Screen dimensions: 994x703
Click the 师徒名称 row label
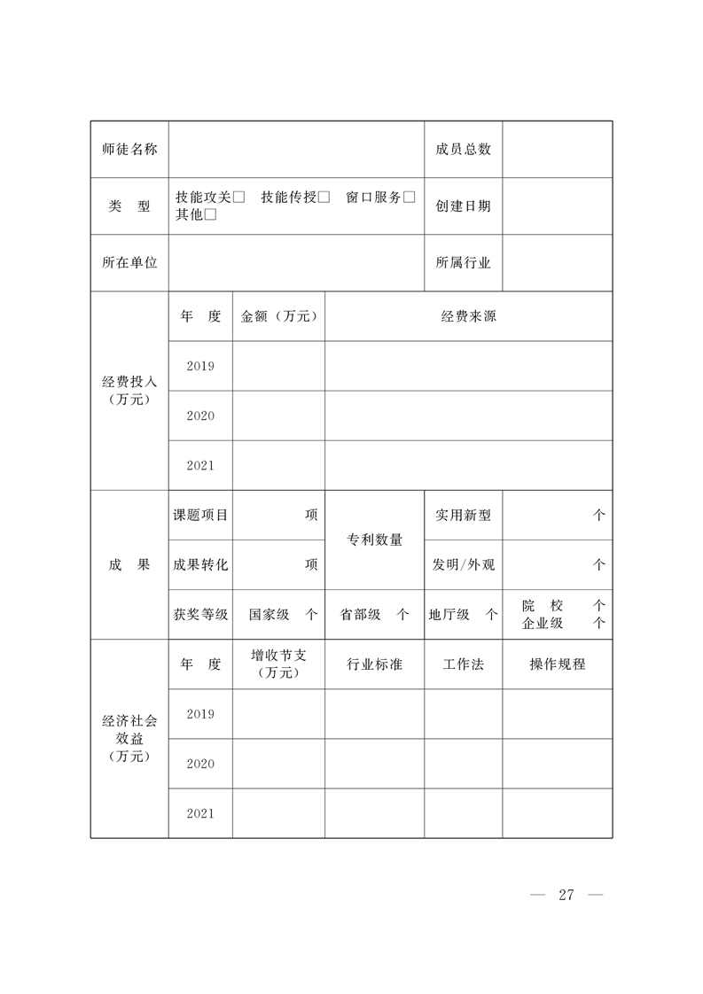pyautogui.click(x=129, y=150)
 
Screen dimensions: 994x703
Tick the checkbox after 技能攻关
pyautogui.click(x=239, y=198)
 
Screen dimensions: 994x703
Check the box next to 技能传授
pyautogui.click(x=324, y=198)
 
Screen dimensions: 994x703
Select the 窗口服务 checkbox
pyautogui.click(x=409, y=198)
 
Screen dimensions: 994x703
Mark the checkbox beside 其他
pyautogui.click(x=211, y=214)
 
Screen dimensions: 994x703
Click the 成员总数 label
pyautogui.click(x=463, y=150)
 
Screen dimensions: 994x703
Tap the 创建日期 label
pyautogui.click(x=463, y=206)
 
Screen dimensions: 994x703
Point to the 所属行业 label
pyautogui.click(x=463, y=263)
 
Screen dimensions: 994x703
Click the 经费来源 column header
pyautogui.click(x=468, y=316)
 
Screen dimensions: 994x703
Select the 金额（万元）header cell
pyautogui.click(x=278, y=316)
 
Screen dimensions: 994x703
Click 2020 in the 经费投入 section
pyautogui.click(x=200, y=415)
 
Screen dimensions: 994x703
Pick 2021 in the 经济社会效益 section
pyautogui.click(x=200, y=813)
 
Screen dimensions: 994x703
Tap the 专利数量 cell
pyautogui.click(x=374, y=540)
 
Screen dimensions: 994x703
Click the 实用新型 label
pyautogui.click(x=463, y=515)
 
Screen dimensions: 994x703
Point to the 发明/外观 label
pyautogui.click(x=463, y=564)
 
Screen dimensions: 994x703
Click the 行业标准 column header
pyautogui.click(x=374, y=664)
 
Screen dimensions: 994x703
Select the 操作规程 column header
pyautogui.click(x=558, y=664)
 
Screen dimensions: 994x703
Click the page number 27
pyautogui.click(x=566, y=895)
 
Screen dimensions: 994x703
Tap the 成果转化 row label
pyautogui.click(x=200, y=564)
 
